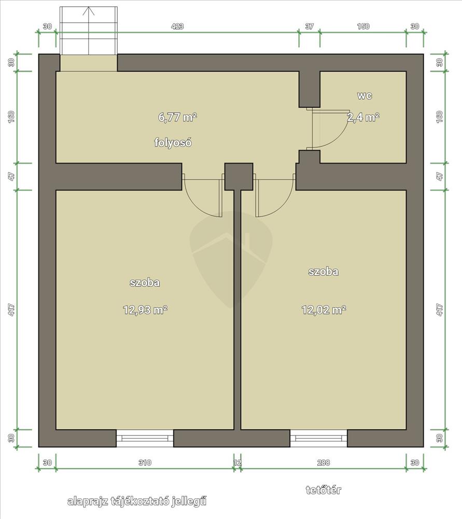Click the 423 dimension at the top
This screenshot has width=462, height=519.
pos(177,26)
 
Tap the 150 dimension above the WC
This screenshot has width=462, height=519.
pos(363,26)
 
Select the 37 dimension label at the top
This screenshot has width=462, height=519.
pos(309,26)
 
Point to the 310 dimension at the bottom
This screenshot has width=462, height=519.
pos(145,462)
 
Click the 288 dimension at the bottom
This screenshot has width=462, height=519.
pos(324,462)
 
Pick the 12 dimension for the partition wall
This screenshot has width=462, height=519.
pos(237,462)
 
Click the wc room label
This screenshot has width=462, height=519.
pos(365,95)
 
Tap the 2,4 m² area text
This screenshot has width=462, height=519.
pos(363,117)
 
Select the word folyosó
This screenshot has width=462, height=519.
pos(173,142)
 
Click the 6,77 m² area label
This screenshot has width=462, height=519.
pos(177,117)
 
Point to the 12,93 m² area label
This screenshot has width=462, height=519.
pos(145,310)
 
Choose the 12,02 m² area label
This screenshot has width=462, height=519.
pos(324,310)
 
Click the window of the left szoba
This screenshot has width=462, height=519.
pos(145,438)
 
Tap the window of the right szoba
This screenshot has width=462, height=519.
pos(318,438)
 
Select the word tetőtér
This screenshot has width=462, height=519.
pos(324,490)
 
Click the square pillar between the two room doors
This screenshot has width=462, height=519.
pos(239,176)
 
